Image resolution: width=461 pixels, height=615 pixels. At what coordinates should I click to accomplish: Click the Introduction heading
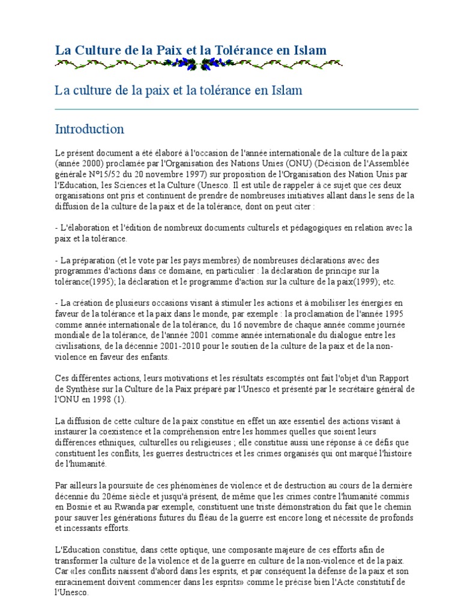coord(89,129)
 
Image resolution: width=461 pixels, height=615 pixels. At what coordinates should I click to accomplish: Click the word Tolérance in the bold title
coord(243,50)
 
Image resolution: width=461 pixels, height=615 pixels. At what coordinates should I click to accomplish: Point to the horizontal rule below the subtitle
coord(237,109)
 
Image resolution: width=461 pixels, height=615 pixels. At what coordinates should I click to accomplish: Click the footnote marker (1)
coord(128,400)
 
